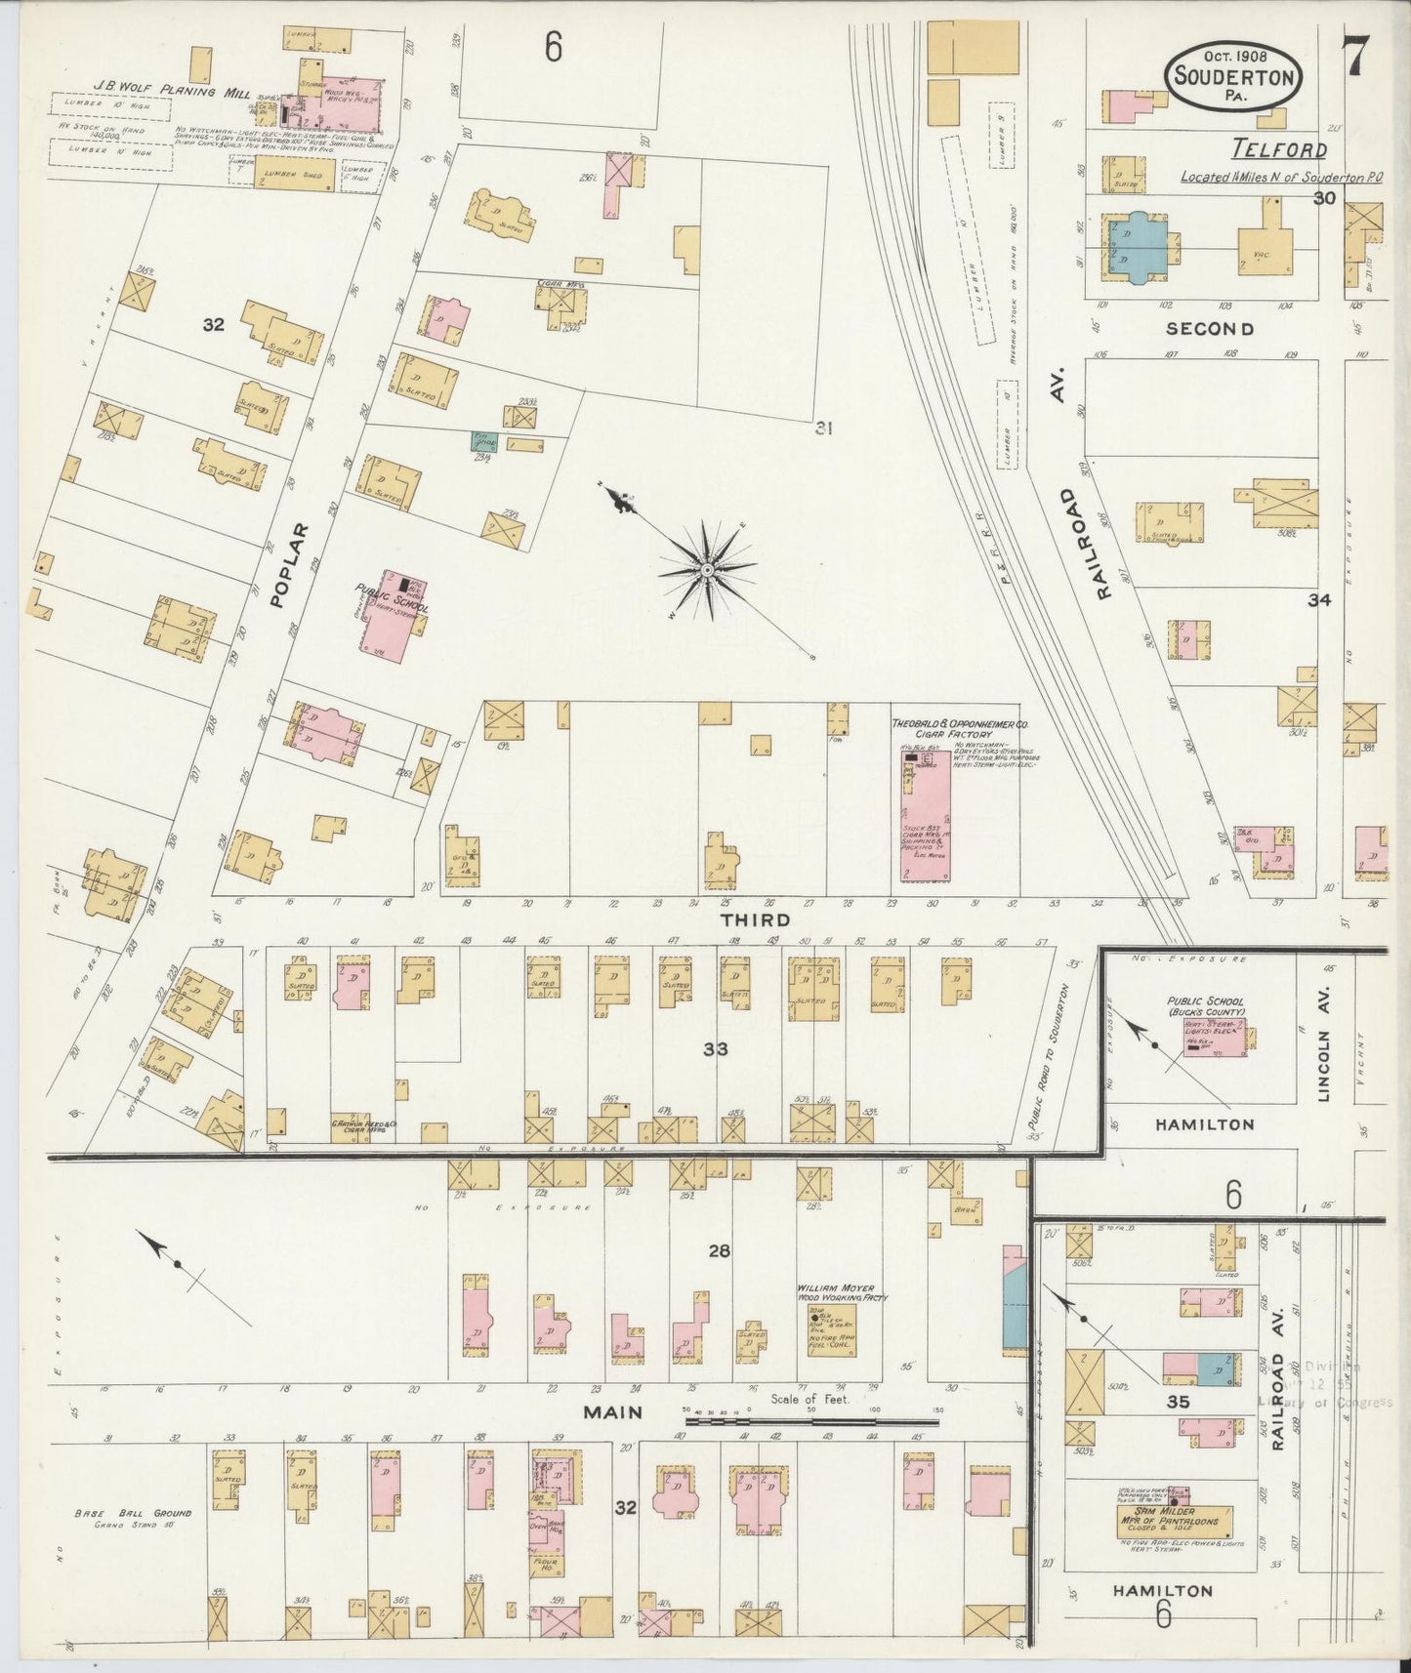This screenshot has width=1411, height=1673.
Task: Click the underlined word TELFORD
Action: click(x=1278, y=150)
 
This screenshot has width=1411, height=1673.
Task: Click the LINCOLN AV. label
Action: click(x=1324, y=1043)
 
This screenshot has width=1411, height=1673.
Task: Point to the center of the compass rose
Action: click(x=706, y=568)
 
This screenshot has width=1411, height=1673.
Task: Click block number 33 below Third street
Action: click(x=716, y=1049)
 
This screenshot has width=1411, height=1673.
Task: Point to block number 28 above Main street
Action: click(x=719, y=1250)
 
